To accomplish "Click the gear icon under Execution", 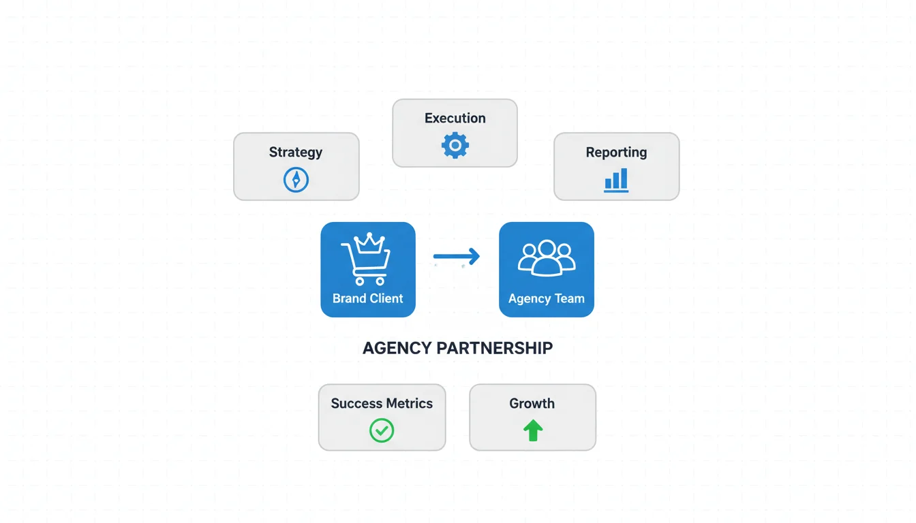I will (455, 146).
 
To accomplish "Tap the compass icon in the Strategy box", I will (296, 180).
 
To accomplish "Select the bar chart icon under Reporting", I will (616, 180).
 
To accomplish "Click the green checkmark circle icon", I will (382, 430).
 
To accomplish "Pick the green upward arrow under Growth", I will (532, 430).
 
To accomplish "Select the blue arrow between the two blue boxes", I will (457, 257).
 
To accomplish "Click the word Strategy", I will (296, 152).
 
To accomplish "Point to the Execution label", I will (455, 118).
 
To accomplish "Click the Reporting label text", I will (616, 152).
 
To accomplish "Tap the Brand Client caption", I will (368, 298).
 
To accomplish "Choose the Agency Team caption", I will (547, 298).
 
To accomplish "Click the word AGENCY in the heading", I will (397, 348).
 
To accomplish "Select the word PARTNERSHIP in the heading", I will (495, 348).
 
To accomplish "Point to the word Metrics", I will (408, 403).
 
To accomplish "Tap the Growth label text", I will (532, 403).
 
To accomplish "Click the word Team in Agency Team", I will (569, 298).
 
